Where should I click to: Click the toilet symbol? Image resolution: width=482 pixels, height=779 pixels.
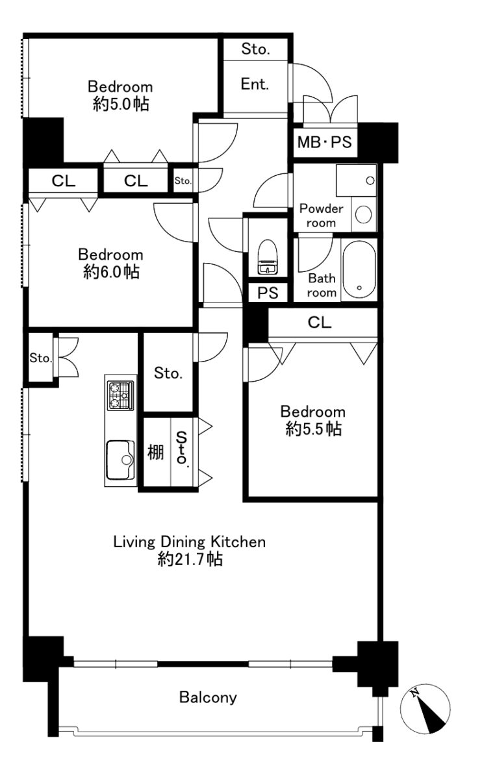point(268,256)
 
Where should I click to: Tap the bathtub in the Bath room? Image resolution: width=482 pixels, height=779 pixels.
point(359,270)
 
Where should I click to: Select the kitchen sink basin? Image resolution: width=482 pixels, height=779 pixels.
point(120,460)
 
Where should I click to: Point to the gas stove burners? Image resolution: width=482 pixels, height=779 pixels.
point(120,396)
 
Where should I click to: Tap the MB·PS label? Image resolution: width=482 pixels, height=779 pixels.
point(325,142)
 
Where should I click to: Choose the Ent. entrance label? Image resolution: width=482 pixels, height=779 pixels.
point(255,84)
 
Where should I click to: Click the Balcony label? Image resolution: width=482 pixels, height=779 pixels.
point(208,697)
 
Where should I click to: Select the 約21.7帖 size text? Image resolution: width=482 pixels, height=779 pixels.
point(190,559)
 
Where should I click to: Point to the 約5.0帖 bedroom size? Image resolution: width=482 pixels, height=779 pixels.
point(121,104)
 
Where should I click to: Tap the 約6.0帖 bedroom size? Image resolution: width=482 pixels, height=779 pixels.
point(111,271)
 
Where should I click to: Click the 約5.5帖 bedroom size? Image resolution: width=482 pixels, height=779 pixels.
point(314,429)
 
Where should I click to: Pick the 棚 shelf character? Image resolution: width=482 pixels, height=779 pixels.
point(155,452)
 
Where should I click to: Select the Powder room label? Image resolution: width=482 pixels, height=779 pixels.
point(321,216)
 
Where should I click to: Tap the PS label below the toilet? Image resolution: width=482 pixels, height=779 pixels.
point(268,293)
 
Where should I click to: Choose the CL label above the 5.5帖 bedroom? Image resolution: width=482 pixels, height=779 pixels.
point(320,323)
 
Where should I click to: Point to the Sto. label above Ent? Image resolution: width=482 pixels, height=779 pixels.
point(255,49)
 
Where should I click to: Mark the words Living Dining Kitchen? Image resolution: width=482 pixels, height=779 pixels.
point(189,542)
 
